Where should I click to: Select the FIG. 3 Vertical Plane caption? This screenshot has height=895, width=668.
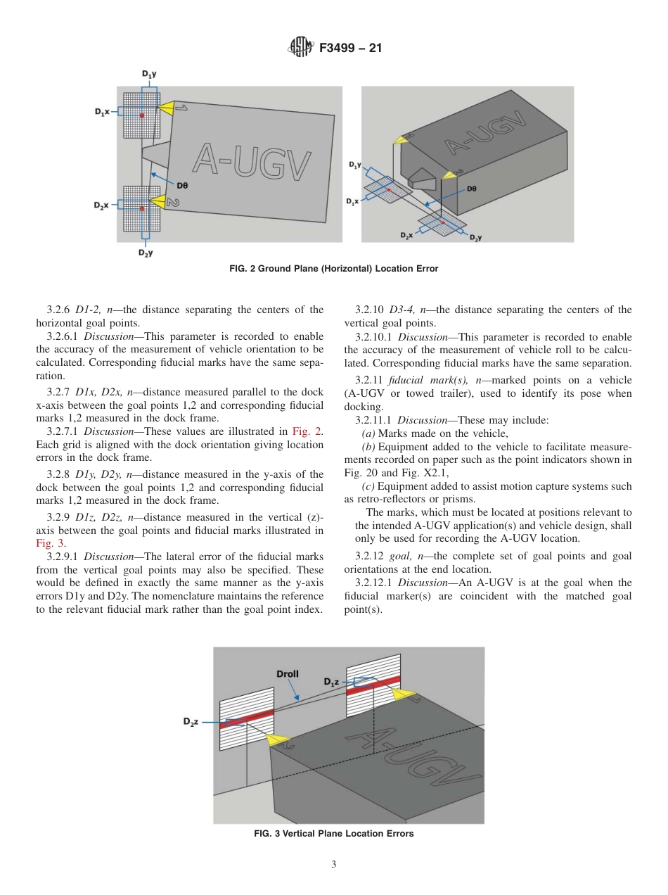click(x=333, y=834)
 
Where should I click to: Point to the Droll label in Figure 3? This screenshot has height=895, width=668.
click(x=287, y=673)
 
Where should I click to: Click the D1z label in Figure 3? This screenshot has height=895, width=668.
click(x=332, y=682)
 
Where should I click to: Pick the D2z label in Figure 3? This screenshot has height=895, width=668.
click(x=191, y=722)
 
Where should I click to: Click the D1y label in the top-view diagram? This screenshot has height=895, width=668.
click(x=150, y=73)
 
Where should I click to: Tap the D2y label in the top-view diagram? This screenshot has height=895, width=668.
click(x=146, y=253)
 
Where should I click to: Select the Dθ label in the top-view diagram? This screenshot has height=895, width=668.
click(x=182, y=185)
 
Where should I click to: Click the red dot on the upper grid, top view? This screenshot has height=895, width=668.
click(x=142, y=115)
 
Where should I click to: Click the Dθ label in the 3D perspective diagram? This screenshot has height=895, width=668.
click(x=472, y=189)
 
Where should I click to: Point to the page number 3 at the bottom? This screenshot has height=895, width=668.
click(x=334, y=864)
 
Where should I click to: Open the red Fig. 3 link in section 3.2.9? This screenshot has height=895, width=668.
click(x=49, y=542)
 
